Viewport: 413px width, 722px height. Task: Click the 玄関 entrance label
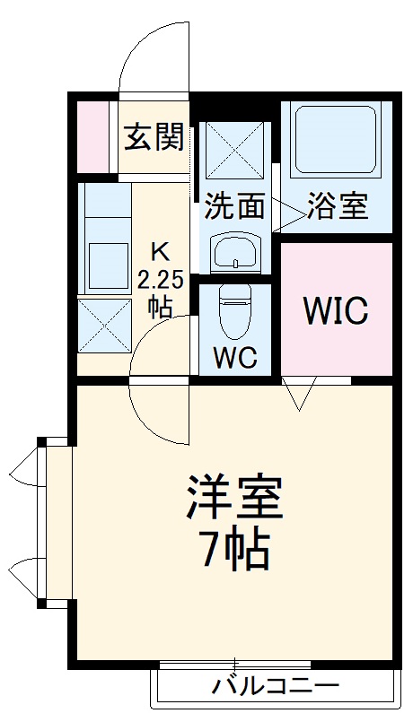(154, 138)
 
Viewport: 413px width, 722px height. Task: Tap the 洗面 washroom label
(234, 206)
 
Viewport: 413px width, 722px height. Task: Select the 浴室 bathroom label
(337, 206)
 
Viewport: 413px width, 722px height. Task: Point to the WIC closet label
(335, 310)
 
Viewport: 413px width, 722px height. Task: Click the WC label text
(235, 357)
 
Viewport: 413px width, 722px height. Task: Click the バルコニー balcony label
(276, 688)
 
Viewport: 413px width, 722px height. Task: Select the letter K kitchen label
(158, 249)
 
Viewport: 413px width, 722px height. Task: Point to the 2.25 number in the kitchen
(161, 278)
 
